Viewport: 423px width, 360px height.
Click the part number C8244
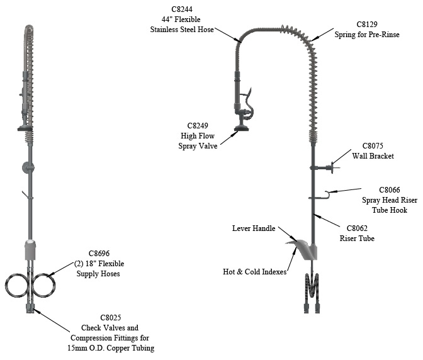tap(182, 9)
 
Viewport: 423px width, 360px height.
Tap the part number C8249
tap(191, 125)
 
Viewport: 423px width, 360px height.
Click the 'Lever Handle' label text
tap(254, 228)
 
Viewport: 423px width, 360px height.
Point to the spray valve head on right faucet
tap(240, 130)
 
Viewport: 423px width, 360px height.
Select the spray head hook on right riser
tap(324, 195)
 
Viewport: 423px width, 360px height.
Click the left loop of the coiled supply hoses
tap(15, 284)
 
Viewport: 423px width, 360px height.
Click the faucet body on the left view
tap(30, 250)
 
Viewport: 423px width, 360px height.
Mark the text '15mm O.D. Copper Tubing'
tap(118, 348)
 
